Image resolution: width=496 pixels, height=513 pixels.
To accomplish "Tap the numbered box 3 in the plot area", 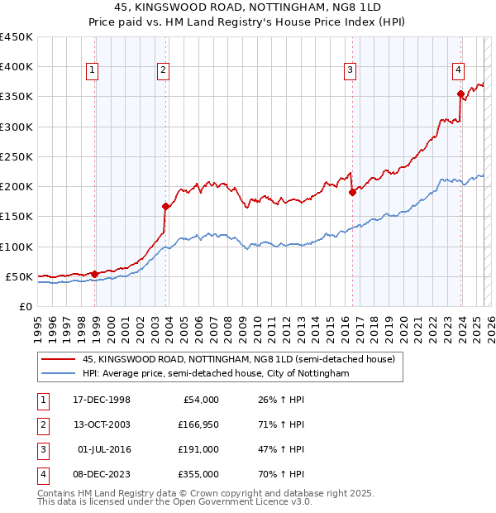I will [x=351, y=70].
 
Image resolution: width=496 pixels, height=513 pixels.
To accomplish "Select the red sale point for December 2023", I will [x=460, y=93].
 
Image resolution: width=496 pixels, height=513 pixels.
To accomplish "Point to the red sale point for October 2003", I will [x=166, y=206].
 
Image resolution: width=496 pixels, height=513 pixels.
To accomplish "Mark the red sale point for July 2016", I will [x=352, y=192].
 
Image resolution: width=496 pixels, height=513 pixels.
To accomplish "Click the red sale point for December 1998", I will [x=95, y=274].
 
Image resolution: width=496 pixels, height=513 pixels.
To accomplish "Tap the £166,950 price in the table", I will [x=198, y=425].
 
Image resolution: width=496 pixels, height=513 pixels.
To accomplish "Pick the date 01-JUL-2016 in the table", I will [x=103, y=449].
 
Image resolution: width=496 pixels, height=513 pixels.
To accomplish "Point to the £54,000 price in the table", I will [x=200, y=400].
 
